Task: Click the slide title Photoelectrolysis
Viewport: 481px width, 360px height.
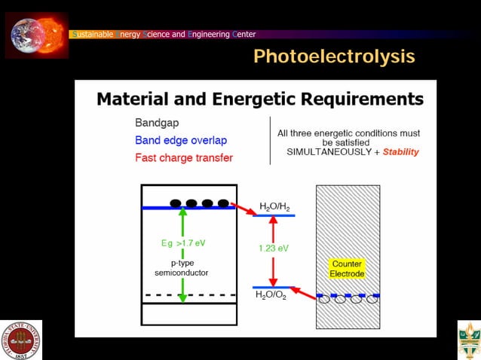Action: point(333,56)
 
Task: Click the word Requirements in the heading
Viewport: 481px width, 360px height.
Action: point(360,99)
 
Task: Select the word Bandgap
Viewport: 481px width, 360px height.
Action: point(157,122)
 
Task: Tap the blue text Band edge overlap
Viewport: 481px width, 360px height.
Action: point(180,140)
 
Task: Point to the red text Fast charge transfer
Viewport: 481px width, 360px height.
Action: point(183,157)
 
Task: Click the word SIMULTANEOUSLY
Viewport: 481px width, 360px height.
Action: point(329,151)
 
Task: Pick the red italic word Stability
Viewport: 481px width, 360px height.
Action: point(400,151)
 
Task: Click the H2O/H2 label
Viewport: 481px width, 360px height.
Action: point(274,206)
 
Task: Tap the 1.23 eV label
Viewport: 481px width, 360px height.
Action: point(274,247)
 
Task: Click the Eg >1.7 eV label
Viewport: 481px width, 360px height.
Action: point(182,243)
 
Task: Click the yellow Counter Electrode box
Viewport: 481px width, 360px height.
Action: point(347,269)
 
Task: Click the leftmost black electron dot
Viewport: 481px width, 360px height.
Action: point(176,203)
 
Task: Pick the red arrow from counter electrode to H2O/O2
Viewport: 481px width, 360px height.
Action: point(302,291)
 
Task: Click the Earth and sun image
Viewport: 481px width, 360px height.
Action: point(36,35)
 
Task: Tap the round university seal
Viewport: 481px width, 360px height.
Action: point(20,340)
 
